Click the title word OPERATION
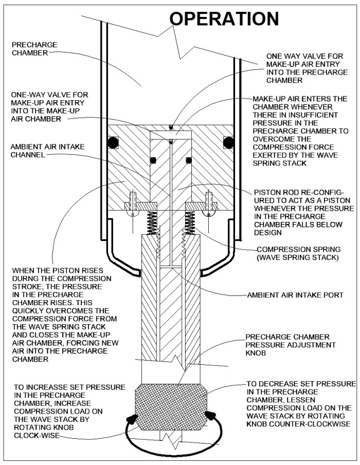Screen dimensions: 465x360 224,18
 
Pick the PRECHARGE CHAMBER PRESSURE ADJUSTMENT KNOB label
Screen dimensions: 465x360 291,344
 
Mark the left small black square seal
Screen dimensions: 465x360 153,160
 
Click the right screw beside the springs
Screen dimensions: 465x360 209,202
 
